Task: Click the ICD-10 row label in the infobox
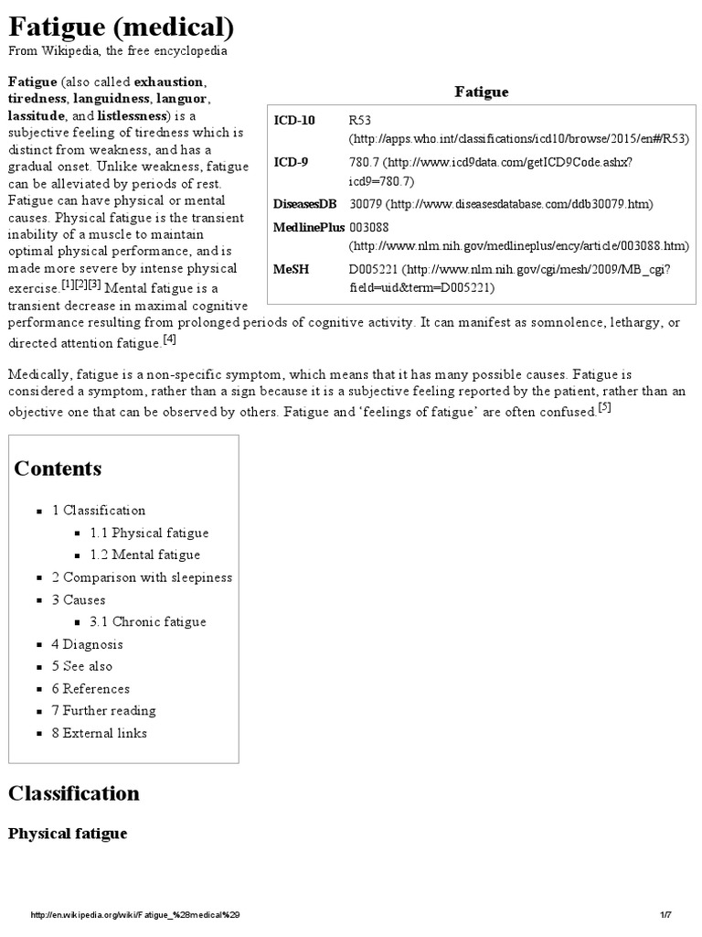coord(293,121)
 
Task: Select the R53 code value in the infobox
coord(360,121)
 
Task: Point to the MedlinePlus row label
coord(309,227)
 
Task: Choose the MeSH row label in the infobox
coord(292,269)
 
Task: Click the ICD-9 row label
coord(291,162)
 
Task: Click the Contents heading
coord(58,468)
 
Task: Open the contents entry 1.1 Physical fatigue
coord(149,533)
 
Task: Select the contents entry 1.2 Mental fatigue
coord(144,555)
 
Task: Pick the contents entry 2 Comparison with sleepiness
coord(142,577)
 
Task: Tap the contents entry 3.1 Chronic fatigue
coord(148,621)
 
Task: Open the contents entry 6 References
coord(90,688)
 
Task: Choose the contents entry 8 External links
coord(99,733)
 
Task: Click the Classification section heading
coord(74,792)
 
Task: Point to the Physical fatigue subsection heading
coord(68,834)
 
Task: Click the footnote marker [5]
coord(605,407)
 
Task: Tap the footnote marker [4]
coord(170,340)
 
